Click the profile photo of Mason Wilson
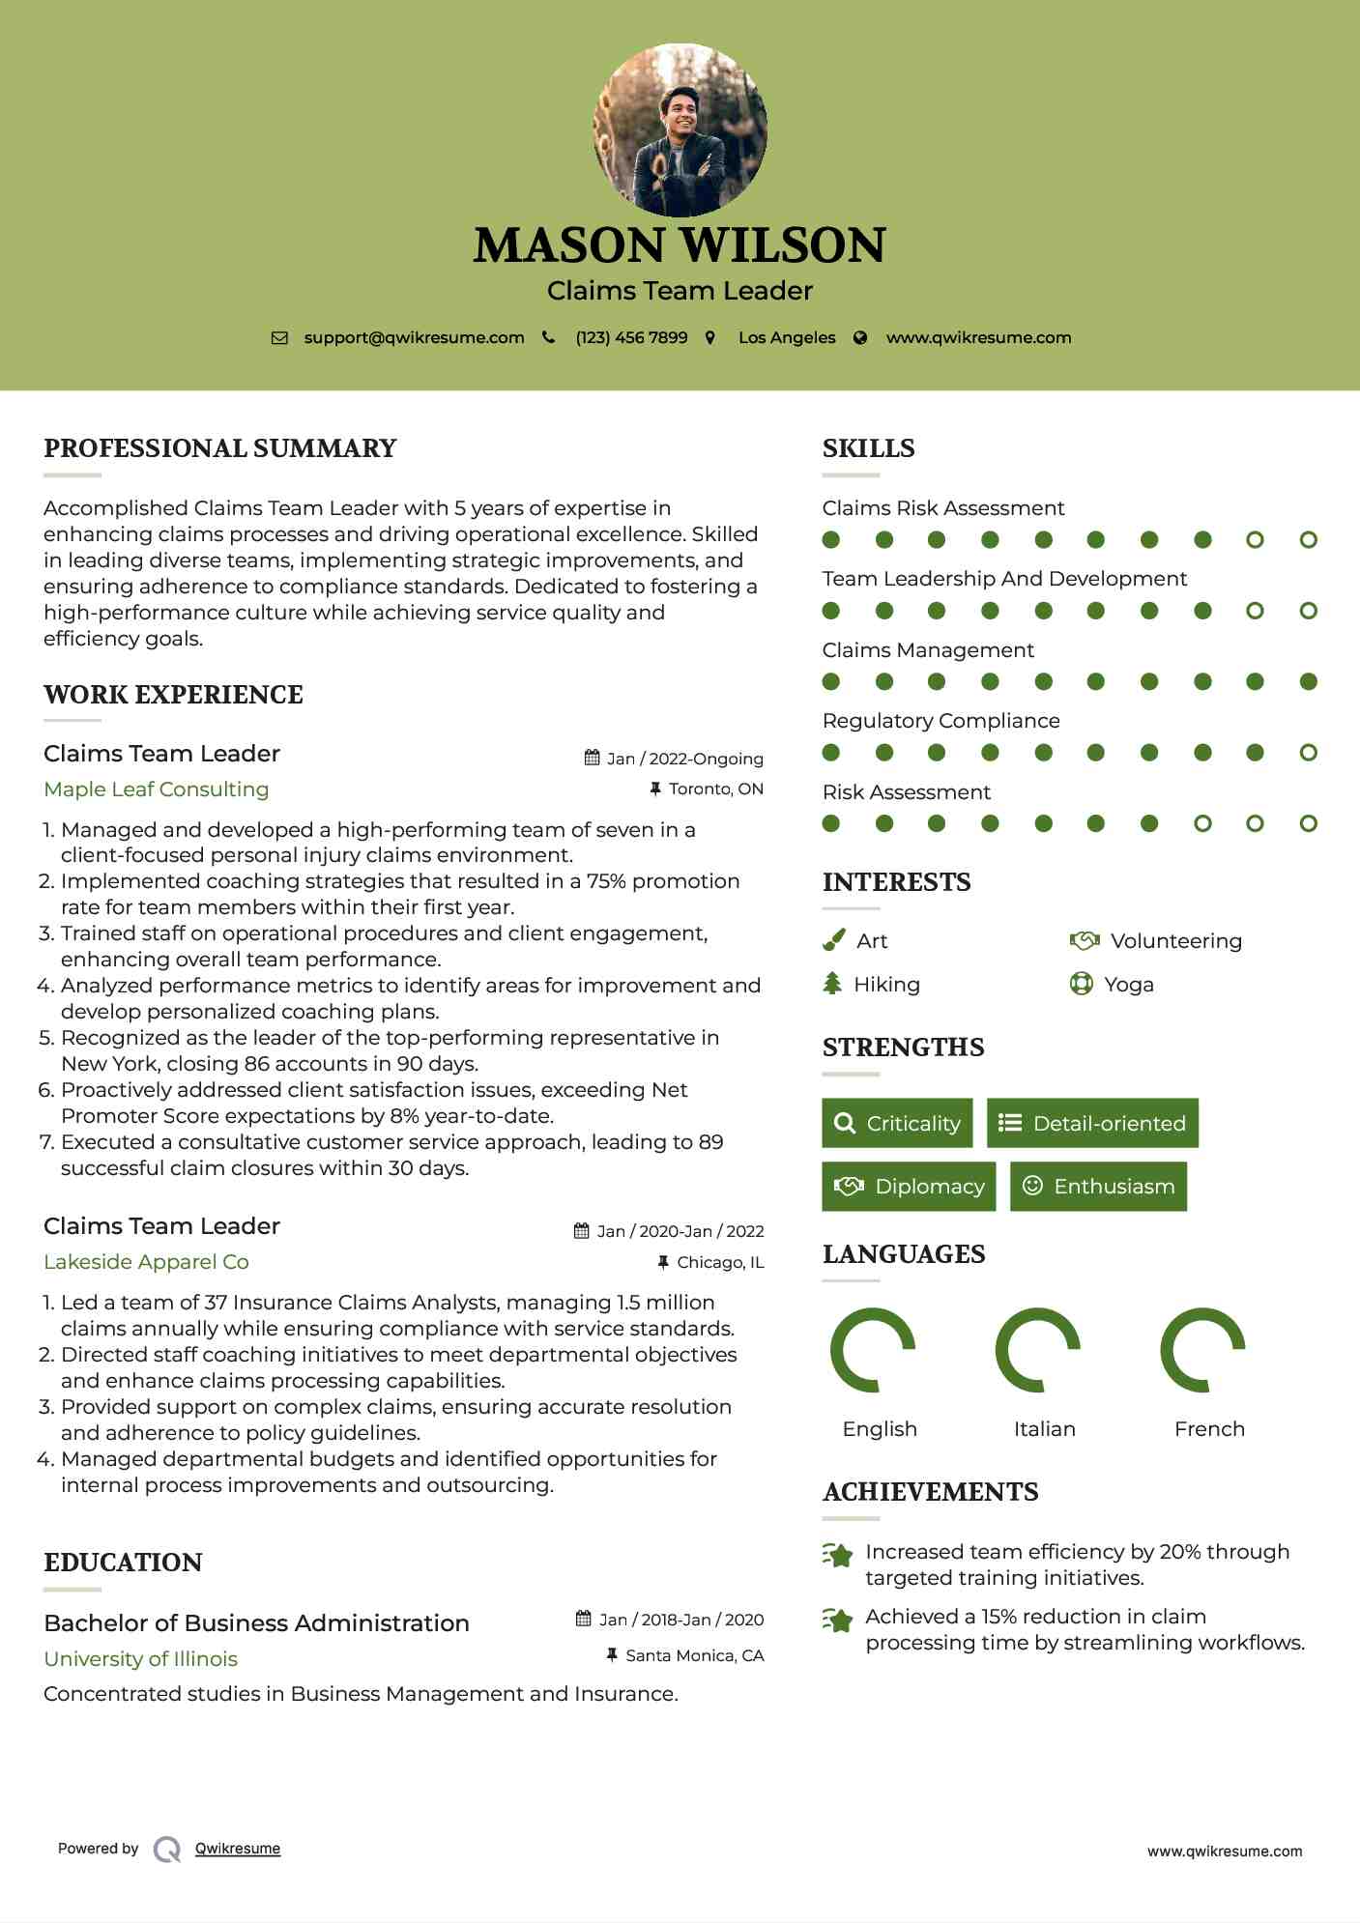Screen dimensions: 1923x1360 [680, 129]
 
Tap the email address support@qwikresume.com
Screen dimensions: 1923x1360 [414, 338]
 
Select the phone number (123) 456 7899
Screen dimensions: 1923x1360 [631, 338]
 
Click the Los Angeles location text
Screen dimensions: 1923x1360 [787, 338]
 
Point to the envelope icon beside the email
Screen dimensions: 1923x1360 [279, 338]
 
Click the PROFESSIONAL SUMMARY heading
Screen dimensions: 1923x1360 [220, 448]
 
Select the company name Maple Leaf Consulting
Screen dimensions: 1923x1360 [157, 789]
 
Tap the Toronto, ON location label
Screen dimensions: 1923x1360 [715, 789]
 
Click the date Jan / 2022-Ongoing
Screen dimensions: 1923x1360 [684, 759]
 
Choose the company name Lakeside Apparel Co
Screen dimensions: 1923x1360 [146, 1262]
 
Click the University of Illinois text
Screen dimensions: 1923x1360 [140, 1659]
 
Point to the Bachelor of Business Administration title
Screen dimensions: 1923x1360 [256, 1623]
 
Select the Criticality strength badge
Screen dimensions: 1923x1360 [897, 1123]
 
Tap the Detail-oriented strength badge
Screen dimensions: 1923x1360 [1092, 1123]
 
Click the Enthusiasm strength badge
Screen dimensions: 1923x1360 [1098, 1187]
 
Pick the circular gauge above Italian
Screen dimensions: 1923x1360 [1037, 1350]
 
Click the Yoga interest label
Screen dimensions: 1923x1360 [1129, 985]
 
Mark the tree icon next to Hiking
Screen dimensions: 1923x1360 [832, 984]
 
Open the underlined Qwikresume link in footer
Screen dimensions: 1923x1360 [238, 1849]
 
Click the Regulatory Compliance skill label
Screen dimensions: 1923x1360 [940, 721]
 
